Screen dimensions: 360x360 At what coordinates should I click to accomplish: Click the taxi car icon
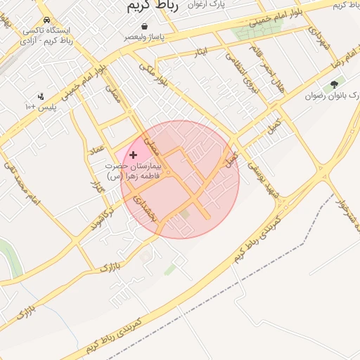46,20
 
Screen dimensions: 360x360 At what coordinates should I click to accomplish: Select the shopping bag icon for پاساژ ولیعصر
144,26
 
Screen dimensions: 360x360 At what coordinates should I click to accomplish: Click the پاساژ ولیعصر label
146,37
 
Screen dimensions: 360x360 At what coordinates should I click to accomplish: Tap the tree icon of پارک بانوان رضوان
333,84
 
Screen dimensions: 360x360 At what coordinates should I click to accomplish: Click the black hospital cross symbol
134,154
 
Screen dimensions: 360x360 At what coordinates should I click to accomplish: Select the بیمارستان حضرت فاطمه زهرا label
133,171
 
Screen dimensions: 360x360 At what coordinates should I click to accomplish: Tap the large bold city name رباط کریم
153,6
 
